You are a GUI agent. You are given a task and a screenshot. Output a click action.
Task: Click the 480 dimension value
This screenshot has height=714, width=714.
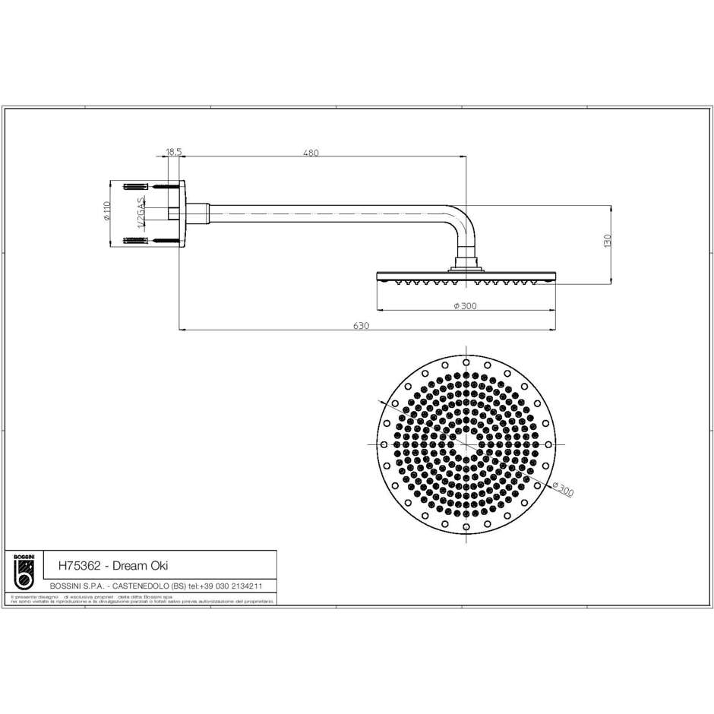click(311, 153)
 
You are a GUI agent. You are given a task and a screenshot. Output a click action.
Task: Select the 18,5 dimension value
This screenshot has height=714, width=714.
click(173, 153)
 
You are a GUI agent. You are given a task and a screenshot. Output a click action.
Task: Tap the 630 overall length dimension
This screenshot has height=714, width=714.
click(361, 325)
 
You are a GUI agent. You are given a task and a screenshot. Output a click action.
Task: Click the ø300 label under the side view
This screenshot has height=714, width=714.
click(464, 306)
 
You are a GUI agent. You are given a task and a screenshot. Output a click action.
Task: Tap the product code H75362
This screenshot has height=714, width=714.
click(78, 565)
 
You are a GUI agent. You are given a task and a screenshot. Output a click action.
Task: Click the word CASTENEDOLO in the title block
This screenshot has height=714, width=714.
click(141, 586)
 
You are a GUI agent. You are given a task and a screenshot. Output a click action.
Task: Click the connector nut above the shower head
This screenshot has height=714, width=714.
click(465, 265)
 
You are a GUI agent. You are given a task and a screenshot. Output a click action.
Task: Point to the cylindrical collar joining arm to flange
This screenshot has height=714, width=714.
click(197, 213)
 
